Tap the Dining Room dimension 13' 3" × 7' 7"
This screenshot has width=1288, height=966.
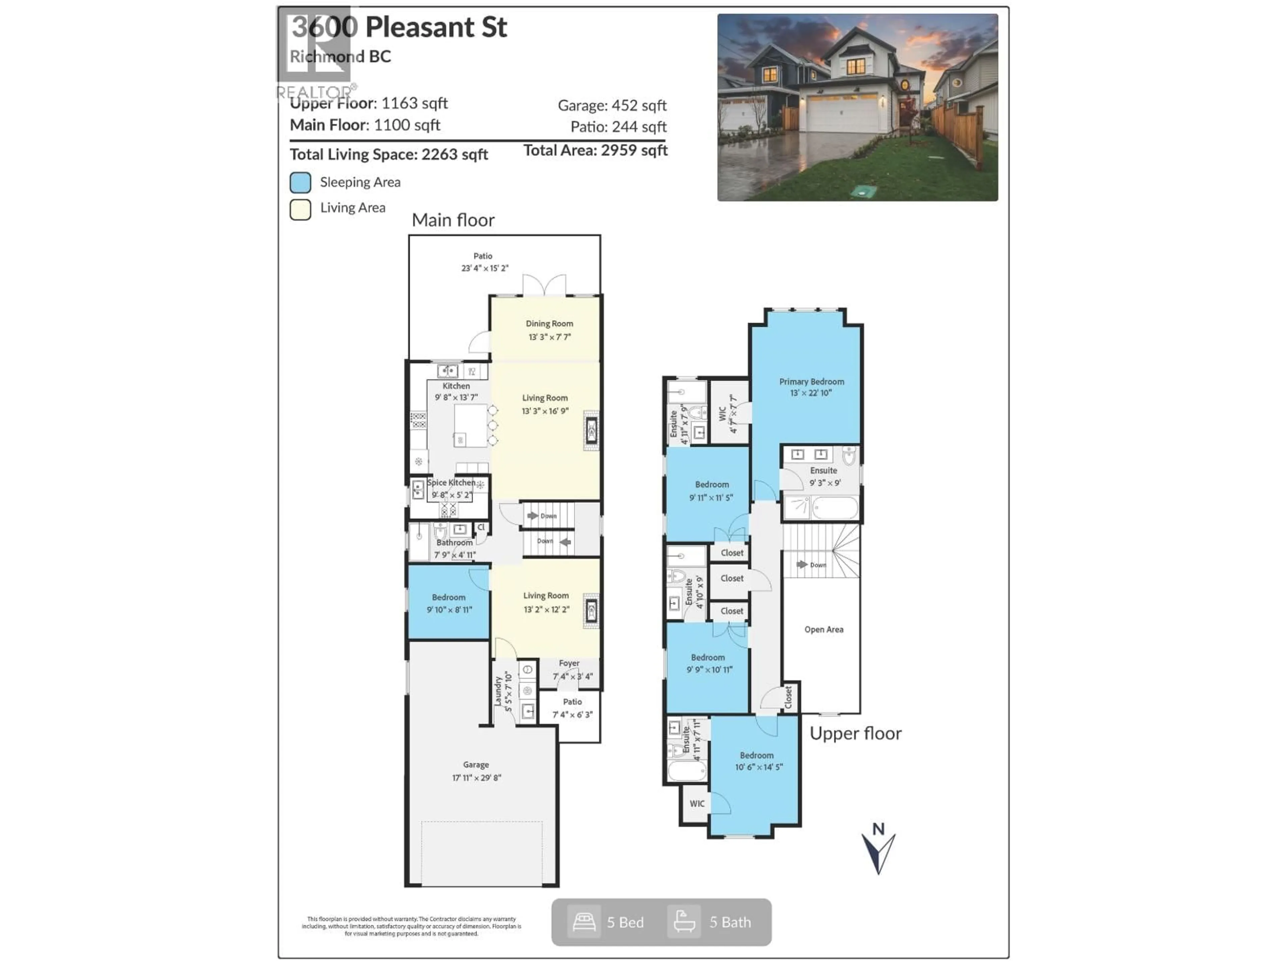pyautogui.click(x=549, y=337)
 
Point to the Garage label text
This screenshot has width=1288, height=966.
pyautogui.click(x=476, y=764)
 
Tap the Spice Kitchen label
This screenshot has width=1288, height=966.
pyautogui.click(x=451, y=483)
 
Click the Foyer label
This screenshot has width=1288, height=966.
pyautogui.click(x=569, y=663)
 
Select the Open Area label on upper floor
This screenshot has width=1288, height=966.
pyautogui.click(x=823, y=630)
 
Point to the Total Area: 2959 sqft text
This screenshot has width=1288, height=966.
pyautogui.click(x=595, y=151)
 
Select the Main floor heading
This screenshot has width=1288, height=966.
pyautogui.click(x=453, y=220)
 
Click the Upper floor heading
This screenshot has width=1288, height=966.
pyautogui.click(x=855, y=734)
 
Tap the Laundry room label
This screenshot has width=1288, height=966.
pyautogui.click(x=499, y=691)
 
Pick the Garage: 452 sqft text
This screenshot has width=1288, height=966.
pyautogui.click(x=612, y=105)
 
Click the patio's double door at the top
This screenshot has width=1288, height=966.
pyautogui.click(x=544, y=285)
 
